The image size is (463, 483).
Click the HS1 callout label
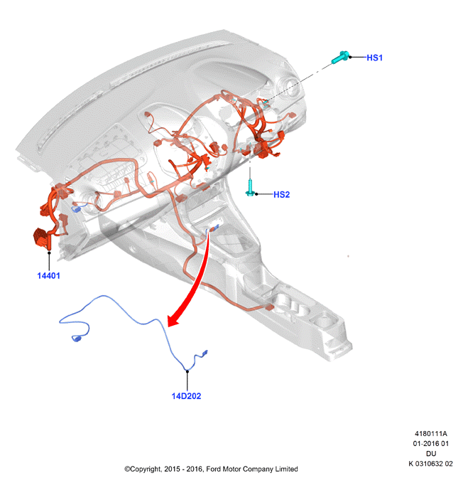tap(374, 58)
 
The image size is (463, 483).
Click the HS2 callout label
tap(282, 195)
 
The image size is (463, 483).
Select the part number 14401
tap(48, 276)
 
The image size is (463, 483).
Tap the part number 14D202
tap(186, 396)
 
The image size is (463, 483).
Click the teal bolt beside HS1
tap(340, 58)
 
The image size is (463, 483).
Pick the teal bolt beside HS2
tap(250, 188)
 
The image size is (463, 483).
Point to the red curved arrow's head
tap(173, 320)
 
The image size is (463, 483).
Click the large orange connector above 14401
tap(41, 237)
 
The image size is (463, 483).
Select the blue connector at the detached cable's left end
tap(76, 339)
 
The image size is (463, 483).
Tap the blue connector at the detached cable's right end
tap(204, 353)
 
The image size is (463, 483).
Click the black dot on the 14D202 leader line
tap(187, 371)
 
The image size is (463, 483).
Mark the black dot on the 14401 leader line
tap(49, 253)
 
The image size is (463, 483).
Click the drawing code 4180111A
tap(431, 434)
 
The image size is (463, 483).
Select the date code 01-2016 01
tap(431, 444)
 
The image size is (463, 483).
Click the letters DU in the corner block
tap(431, 454)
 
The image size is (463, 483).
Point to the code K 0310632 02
tap(430, 464)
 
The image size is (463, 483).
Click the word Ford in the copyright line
tap(213, 469)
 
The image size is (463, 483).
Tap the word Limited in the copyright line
tap(286, 469)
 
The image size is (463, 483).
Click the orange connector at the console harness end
tap(270, 307)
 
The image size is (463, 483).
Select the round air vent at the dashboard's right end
tap(289, 86)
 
